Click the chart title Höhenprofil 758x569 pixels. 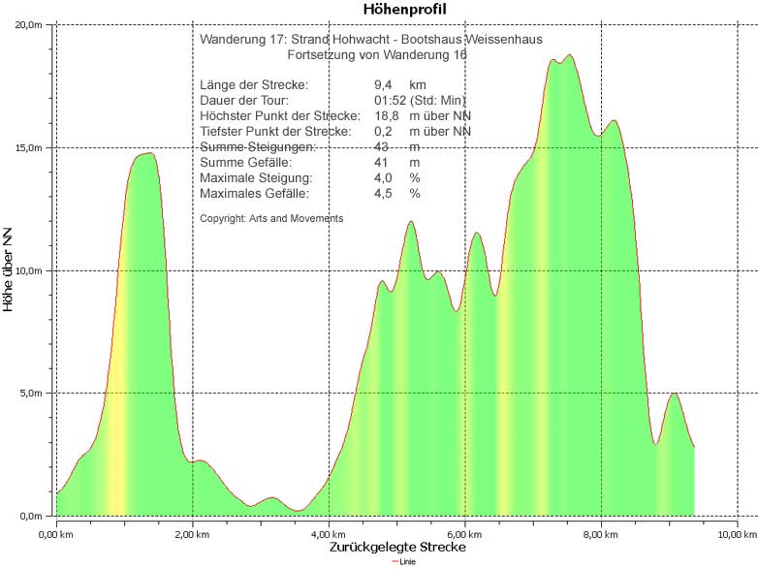click(404, 9)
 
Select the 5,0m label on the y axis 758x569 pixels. click(32, 393)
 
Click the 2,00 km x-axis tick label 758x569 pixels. click(193, 533)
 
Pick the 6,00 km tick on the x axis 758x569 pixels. click(465, 533)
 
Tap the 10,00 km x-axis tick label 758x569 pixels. click(737, 533)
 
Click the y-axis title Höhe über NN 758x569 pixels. click(10, 269)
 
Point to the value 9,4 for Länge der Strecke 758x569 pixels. click(383, 85)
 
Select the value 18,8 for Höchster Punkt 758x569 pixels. click(386, 116)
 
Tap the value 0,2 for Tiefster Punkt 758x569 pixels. click(383, 132)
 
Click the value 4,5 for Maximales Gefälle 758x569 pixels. click(383, 194)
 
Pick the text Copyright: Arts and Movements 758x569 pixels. click(271, 219)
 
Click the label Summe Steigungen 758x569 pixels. click(258, 147)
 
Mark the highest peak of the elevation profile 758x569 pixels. click(569, 55)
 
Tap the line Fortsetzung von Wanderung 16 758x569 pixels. click(377, 55)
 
